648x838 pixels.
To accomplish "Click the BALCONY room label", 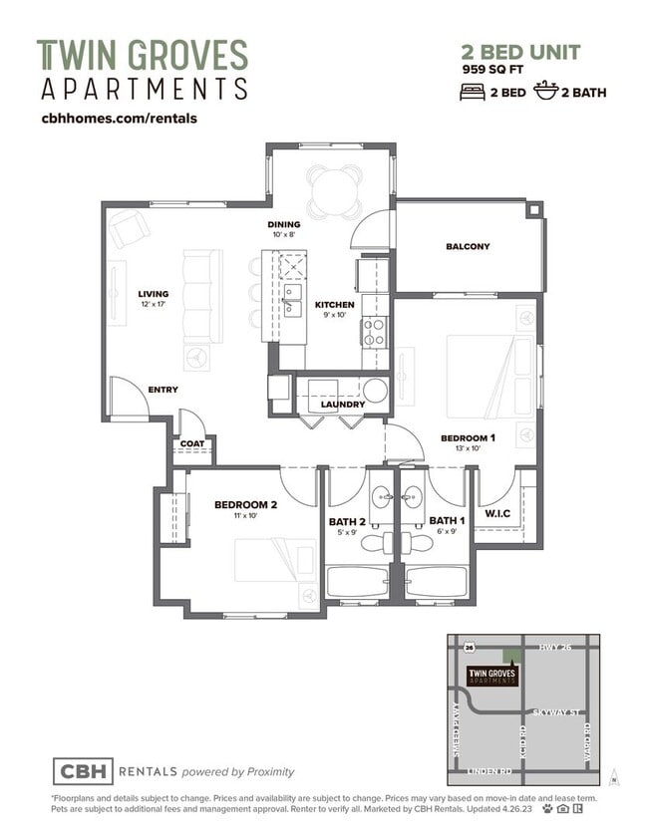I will coord(468,246).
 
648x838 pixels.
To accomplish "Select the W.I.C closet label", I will coord(497,514).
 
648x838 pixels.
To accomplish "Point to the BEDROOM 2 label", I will coord(245,504).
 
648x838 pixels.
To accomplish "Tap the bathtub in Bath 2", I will coord(358,582).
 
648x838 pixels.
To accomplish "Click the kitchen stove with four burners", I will coord(374,331).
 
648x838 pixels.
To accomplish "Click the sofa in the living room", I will coord(201,296).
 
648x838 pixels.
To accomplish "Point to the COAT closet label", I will coord(191,444).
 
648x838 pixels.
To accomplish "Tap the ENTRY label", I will coord(163,390).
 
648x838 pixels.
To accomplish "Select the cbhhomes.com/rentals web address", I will coord(118,118).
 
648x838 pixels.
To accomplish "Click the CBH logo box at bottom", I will coord(82,771).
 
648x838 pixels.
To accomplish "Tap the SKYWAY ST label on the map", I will coord(553,712).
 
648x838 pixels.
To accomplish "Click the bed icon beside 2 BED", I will coord(472,92).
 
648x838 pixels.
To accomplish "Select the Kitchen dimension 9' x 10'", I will coord(334,316).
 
